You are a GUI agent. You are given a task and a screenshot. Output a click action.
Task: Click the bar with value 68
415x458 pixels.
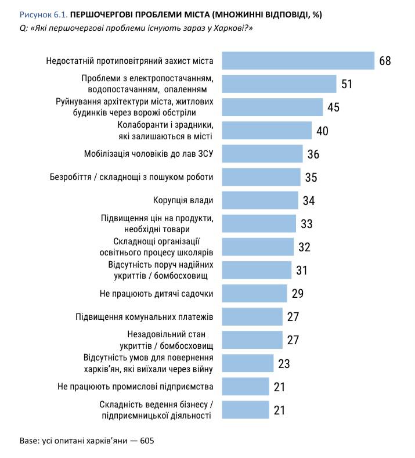coord(298,60)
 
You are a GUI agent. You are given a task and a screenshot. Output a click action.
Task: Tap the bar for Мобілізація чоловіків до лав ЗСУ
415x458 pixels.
coord(262,154)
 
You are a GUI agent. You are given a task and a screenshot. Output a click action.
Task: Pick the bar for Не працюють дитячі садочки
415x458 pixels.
coord(255,293)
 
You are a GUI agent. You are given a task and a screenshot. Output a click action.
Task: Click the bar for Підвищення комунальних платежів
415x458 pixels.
coord(252,316)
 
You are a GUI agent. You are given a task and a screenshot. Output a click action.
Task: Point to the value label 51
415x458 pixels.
coord(347,84)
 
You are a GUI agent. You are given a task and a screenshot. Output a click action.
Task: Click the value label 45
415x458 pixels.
coord(333,107)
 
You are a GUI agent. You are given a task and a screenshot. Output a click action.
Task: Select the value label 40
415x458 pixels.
coord(322,131)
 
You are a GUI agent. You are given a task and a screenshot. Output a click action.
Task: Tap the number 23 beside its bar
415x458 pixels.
coord(284,363)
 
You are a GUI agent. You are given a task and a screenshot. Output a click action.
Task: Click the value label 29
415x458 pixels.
coord(298,293)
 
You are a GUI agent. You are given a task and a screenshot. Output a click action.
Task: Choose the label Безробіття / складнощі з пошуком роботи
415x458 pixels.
coord(139,177)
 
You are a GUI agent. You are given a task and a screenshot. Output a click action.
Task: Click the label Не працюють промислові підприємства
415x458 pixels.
coord(136,386)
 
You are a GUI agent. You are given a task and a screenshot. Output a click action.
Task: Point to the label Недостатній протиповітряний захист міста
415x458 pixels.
coord(129,60)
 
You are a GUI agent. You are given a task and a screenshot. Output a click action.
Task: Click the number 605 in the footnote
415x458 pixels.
coord(147,440)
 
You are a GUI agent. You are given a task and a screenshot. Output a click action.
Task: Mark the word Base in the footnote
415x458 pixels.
coord(28,440)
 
